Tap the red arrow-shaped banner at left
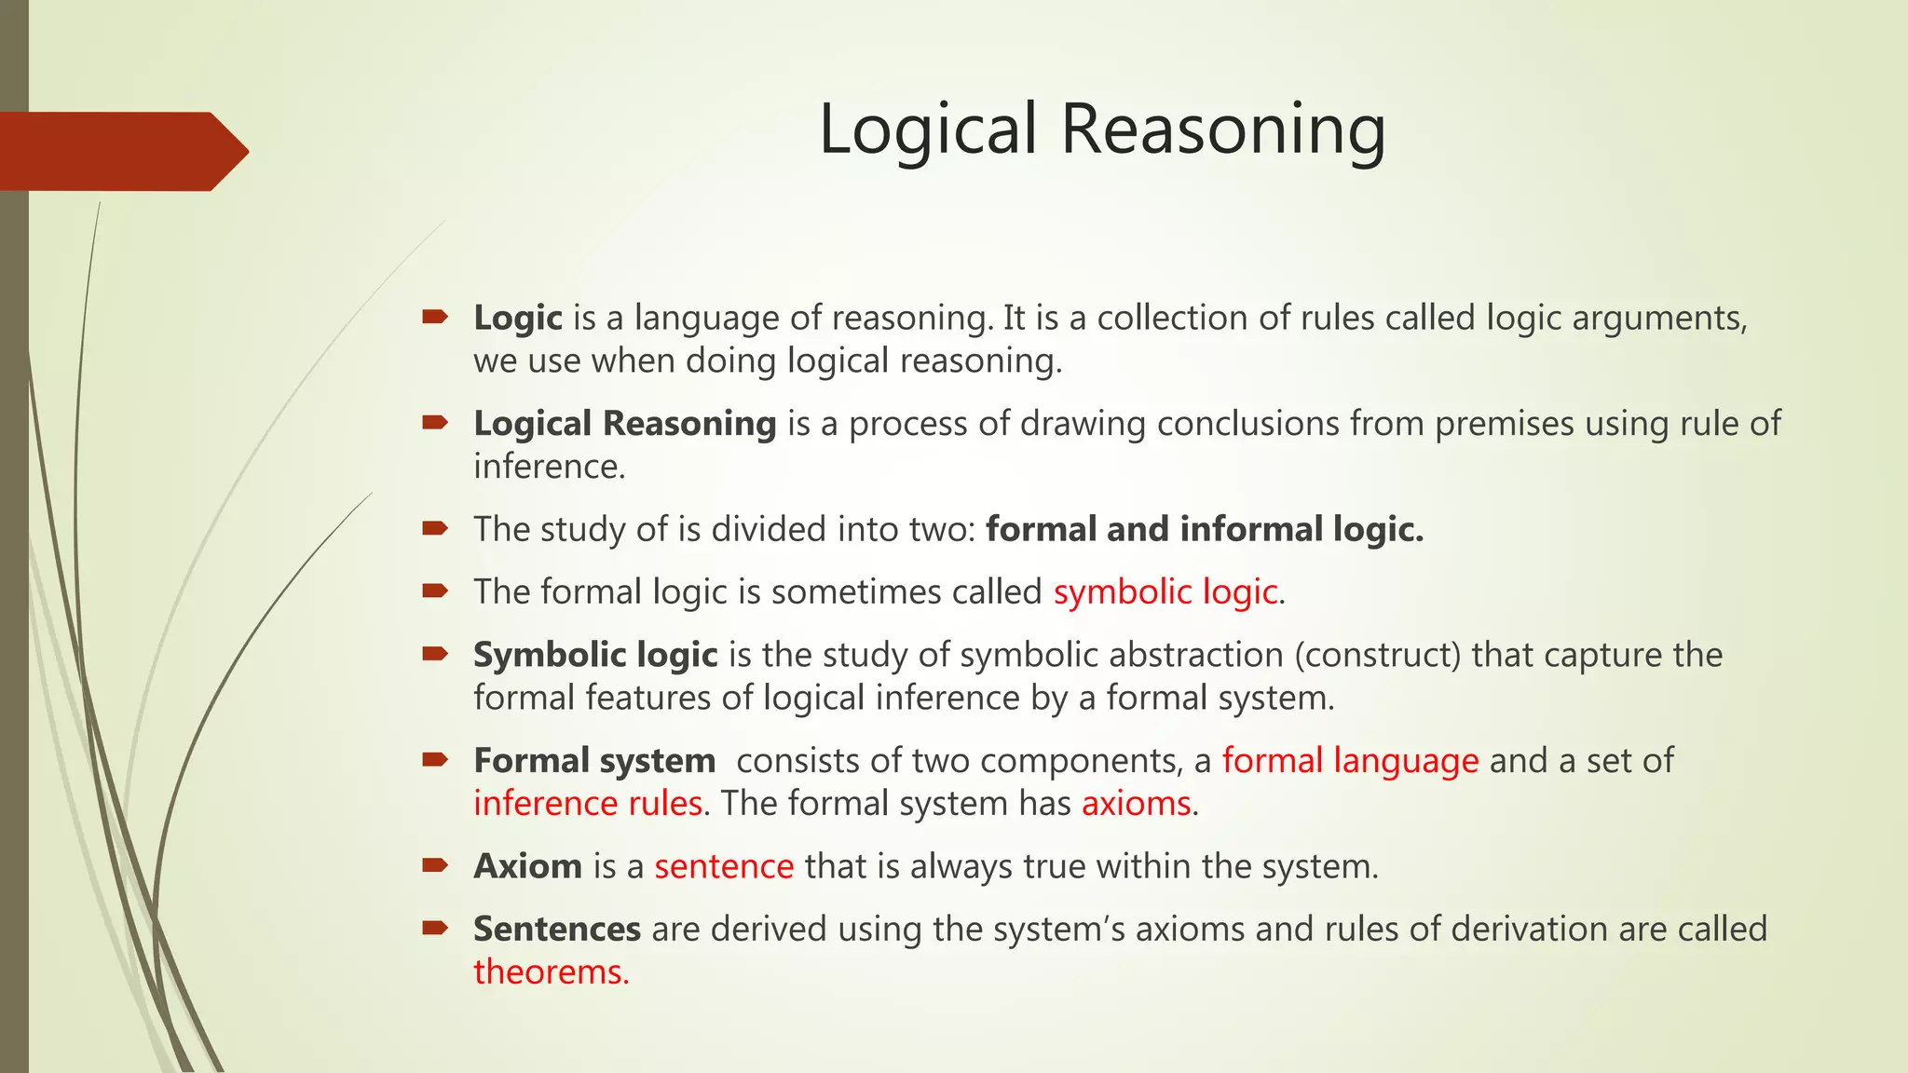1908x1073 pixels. coord(121,151)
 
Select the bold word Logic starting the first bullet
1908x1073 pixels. coord(518,318)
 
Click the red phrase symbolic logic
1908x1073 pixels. coord(1165,592)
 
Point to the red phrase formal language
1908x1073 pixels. coord(1350,761)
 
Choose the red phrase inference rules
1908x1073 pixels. coord(588,804)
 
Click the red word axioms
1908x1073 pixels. coord(1136,804)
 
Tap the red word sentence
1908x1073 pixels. coord(724,866)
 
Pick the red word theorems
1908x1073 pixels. coord(551,972)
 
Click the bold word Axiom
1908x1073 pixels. coord(528,866)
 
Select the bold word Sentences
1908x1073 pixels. coord(557,929)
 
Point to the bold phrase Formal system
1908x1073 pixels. coord(594,761)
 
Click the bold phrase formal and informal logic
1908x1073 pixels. coord(1205,529)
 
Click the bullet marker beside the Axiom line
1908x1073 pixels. coord(435,865)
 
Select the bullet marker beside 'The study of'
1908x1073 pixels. coord(435,528)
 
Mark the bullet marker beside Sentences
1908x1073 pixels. coord(435,928)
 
